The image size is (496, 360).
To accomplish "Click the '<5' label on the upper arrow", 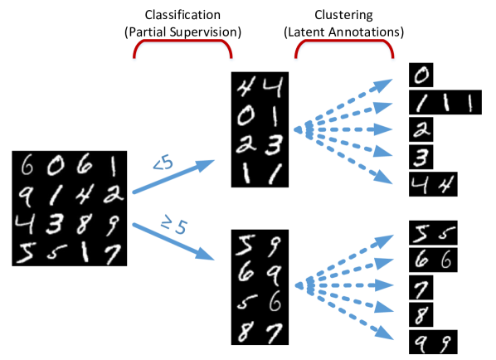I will (163, 164).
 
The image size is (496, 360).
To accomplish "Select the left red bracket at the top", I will (183, 46).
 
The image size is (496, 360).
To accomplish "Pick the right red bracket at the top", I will (344, 46).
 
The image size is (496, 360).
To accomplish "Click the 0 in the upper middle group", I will (246, 115).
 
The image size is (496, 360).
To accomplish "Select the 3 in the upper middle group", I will (275, 144).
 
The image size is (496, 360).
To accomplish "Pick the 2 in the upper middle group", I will (246, 144).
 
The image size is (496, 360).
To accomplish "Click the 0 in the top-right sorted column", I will (421, 76).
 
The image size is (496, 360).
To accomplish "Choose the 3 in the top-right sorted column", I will (421, 157).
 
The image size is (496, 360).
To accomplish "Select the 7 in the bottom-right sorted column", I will (421, 288).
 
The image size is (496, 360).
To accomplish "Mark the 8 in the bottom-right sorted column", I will (421, 314).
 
